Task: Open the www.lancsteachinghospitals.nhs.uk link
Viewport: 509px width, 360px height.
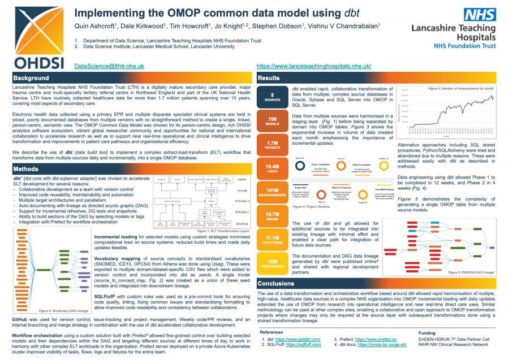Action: pos(322,66)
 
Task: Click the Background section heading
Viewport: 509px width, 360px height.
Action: pos(31,77)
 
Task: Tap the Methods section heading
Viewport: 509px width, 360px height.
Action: pos(26,169)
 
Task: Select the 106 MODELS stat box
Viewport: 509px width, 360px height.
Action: pos(273,121)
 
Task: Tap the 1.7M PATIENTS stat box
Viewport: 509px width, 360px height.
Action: pos(273,145)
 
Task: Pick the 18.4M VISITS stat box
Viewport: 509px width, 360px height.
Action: pos(273,169)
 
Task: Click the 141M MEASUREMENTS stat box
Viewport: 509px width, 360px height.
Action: pos(273,193)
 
